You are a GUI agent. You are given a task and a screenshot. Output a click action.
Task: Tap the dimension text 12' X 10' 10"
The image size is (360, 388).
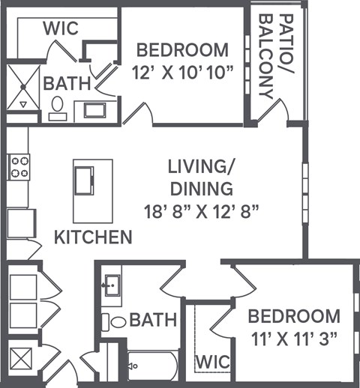tap(182, 74)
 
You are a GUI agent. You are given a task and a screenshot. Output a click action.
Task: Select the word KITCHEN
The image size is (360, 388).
tap(94, 238)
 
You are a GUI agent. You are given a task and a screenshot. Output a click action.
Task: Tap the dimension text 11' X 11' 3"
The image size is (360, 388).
tap(293, 339)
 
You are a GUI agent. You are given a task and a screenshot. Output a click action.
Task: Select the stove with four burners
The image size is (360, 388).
tap(18, 166)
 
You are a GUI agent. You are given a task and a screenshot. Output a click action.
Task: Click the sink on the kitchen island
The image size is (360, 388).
tap(83, 181)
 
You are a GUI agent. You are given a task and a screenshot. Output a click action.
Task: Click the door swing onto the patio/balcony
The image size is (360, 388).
tap(277, 112)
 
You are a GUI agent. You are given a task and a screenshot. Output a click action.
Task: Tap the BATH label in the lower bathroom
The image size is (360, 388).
tap(153, 321)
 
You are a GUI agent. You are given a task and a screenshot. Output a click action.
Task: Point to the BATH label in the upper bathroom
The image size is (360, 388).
tap(67, 82)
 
